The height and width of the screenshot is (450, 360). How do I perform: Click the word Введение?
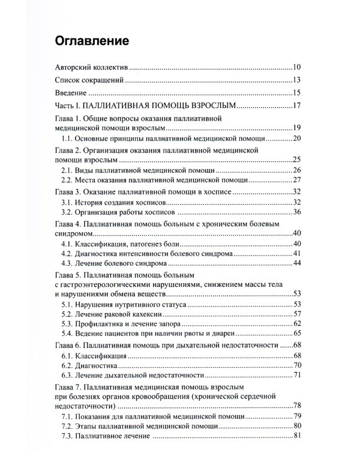point(71,93)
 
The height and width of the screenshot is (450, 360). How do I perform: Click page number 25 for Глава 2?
point(296,160)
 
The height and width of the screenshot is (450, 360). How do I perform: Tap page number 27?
point(296,180)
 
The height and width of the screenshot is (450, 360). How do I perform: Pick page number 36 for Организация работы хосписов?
point(296,211)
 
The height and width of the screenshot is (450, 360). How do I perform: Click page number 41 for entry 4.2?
point(296,255)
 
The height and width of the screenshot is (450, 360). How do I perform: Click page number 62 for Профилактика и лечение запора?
point(296,323)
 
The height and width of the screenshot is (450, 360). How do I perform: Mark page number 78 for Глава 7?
point(296,406)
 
